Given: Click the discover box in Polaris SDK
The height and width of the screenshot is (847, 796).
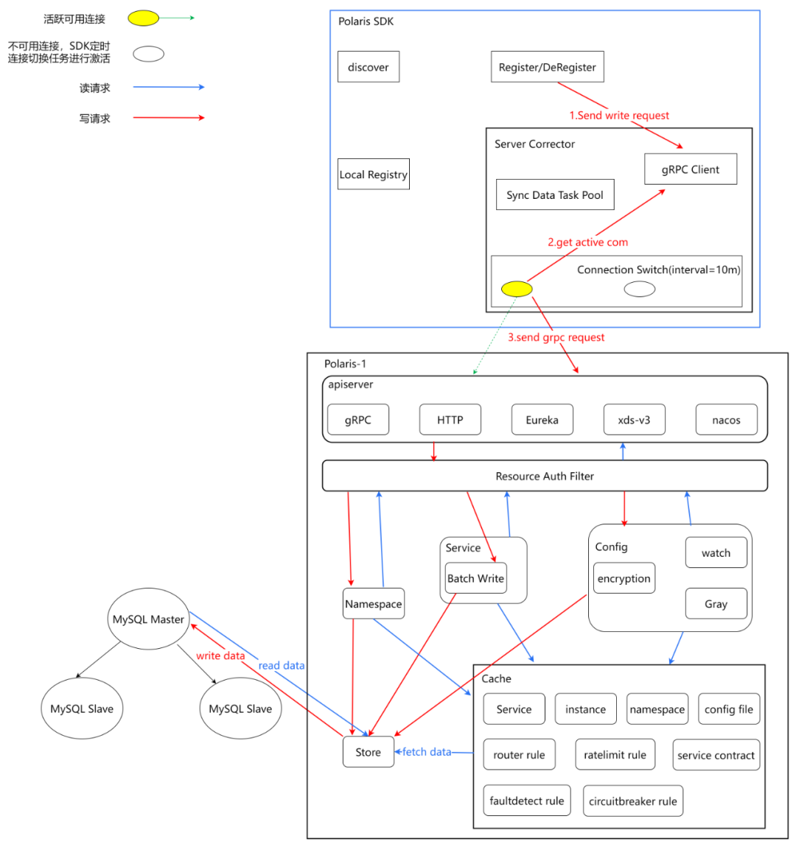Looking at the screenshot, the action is pos(368,66).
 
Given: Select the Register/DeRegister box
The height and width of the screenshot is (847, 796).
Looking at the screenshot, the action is pos(547,66).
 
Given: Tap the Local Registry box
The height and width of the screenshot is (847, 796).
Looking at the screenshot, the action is pos(374,174).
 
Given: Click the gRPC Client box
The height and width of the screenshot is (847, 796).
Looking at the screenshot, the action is pos(690,169).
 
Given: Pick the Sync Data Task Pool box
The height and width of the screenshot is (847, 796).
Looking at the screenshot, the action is pos(555,194).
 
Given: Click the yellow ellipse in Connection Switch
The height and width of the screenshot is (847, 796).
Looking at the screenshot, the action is pos(517,289).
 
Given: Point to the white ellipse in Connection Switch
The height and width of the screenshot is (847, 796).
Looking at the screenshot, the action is pos(639,289).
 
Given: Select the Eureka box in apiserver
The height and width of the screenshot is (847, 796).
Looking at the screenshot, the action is pos(542,420).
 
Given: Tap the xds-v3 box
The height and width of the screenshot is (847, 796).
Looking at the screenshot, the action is pos(634,420).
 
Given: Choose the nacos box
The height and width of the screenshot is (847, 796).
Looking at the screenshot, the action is pos(726,420).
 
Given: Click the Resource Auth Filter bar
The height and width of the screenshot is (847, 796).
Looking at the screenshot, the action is pos(545,476).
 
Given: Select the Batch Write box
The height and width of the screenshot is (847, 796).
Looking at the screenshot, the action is pos(475,578).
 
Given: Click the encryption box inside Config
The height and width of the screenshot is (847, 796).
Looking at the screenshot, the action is pos(624,578).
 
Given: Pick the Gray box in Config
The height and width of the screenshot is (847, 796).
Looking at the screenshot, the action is pos(716,603).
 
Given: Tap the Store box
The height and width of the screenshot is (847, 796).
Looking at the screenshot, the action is pos(368,751).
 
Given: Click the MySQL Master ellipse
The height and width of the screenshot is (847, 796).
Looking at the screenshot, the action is pos(148,619).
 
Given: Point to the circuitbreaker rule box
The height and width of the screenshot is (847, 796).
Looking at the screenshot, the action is pos(633,801).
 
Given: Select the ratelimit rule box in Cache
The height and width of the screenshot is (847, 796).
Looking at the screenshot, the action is pos(615,755).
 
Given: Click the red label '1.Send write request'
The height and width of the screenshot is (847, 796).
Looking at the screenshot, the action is pos(619,115).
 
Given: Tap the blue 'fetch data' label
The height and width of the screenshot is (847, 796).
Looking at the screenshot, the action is pos(426,751).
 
